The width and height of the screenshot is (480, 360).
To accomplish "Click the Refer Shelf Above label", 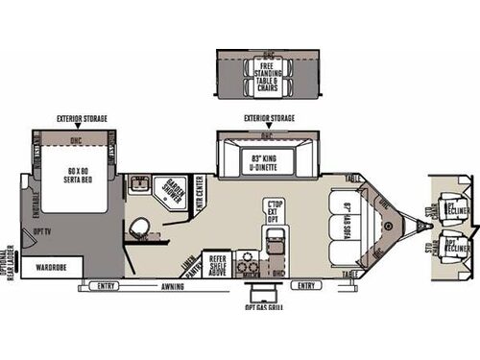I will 217,263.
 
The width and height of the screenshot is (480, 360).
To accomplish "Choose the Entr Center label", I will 200,198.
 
